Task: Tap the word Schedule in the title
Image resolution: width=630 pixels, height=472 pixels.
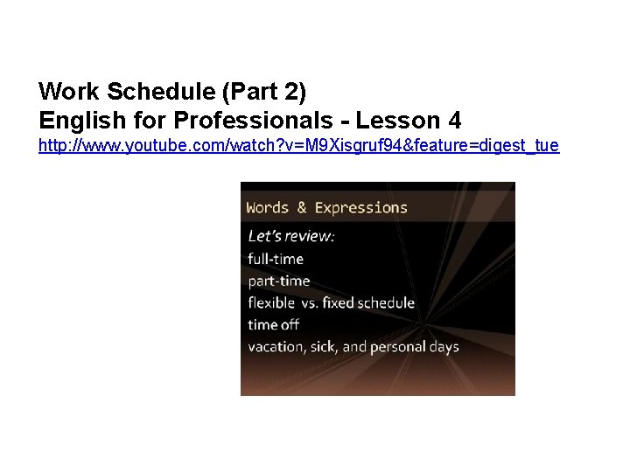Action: click(142, 90)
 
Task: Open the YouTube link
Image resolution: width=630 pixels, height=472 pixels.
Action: click(298, 145)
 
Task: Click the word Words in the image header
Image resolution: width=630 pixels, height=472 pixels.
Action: click(269, 207)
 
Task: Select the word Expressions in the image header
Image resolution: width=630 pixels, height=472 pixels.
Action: click(360, 207)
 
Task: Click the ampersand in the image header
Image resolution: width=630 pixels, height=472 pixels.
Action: click(303, 207)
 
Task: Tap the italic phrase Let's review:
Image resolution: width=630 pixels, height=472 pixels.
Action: click(291, 236)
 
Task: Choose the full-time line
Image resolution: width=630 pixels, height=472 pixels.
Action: click(276, 259)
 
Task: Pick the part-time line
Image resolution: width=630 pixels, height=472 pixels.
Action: click(278, 281)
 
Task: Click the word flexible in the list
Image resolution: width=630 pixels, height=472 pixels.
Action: click(272, 302)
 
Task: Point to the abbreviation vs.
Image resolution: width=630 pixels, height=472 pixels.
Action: click(313, 303)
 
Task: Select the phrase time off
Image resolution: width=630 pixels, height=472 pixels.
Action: click(274, 324)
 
